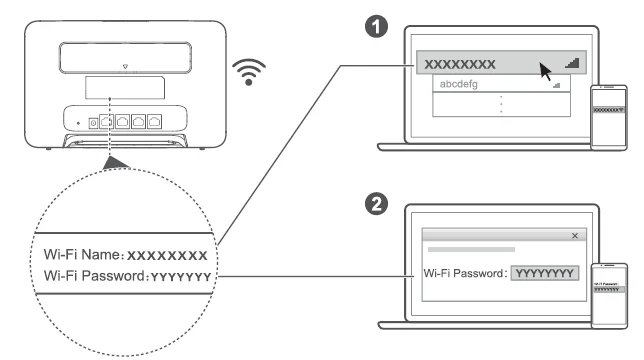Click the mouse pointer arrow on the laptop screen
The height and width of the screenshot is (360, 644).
pos(545,72)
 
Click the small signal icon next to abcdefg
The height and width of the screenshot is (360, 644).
pos(556,87)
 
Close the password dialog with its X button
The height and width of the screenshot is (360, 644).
pos(573,235)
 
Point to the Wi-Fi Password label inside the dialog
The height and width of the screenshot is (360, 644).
pos(466,272)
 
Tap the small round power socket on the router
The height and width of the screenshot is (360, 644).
pos(94,121)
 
